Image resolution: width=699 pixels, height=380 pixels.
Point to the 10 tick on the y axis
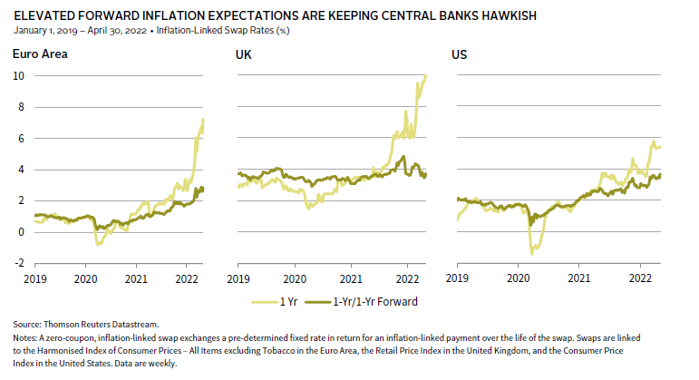click(x=17, y=76)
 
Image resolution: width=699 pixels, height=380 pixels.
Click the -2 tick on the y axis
click(x=17, y=263)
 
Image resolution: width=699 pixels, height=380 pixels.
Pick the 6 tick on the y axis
click(x=19, y=139)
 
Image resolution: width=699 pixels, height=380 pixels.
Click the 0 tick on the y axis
click(x=19, y=232)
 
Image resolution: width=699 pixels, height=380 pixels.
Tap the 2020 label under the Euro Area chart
click(x=85, y=278)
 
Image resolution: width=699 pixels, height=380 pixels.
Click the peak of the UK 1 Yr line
click(x=426, y=76)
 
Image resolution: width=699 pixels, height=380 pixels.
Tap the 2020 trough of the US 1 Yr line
click(x=532, y=253)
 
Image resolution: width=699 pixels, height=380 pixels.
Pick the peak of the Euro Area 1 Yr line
click(x=203, y=119)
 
